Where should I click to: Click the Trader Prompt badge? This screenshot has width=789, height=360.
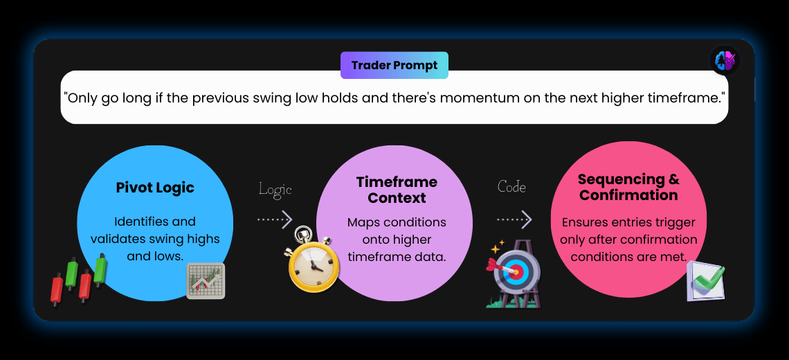coord(394,66)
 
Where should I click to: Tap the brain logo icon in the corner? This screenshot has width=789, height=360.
coord(725,60)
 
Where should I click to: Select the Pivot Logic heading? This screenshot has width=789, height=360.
coord(155,188)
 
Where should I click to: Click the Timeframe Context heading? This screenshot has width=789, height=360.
coord(397,190)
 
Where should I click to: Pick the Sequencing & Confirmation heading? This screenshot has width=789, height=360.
coord(628,187)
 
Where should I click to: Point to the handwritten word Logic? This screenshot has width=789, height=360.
coord(275,189)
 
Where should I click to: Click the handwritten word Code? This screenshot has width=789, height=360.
coord(511,187)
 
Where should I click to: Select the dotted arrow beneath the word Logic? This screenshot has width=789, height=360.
coord(275,219)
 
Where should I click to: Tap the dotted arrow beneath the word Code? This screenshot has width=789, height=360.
coord(514,219)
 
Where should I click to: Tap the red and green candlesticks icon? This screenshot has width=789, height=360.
coord(79,279)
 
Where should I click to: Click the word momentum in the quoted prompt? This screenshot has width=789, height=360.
coord(473,98)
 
